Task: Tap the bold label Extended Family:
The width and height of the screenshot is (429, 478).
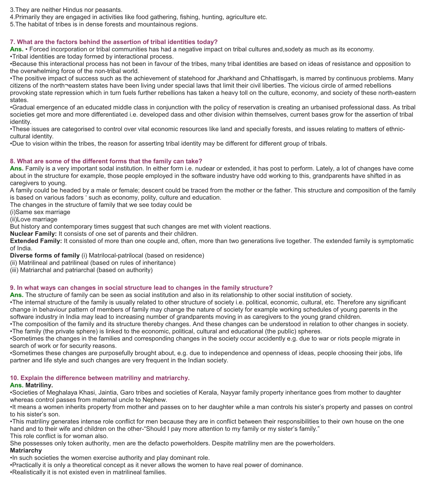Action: tap(36, 241)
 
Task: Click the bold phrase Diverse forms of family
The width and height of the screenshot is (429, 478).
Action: tap(45, 255)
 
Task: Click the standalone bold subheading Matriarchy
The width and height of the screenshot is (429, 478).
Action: tap(26, 450)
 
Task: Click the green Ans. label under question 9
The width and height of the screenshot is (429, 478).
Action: tap(17, 295)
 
